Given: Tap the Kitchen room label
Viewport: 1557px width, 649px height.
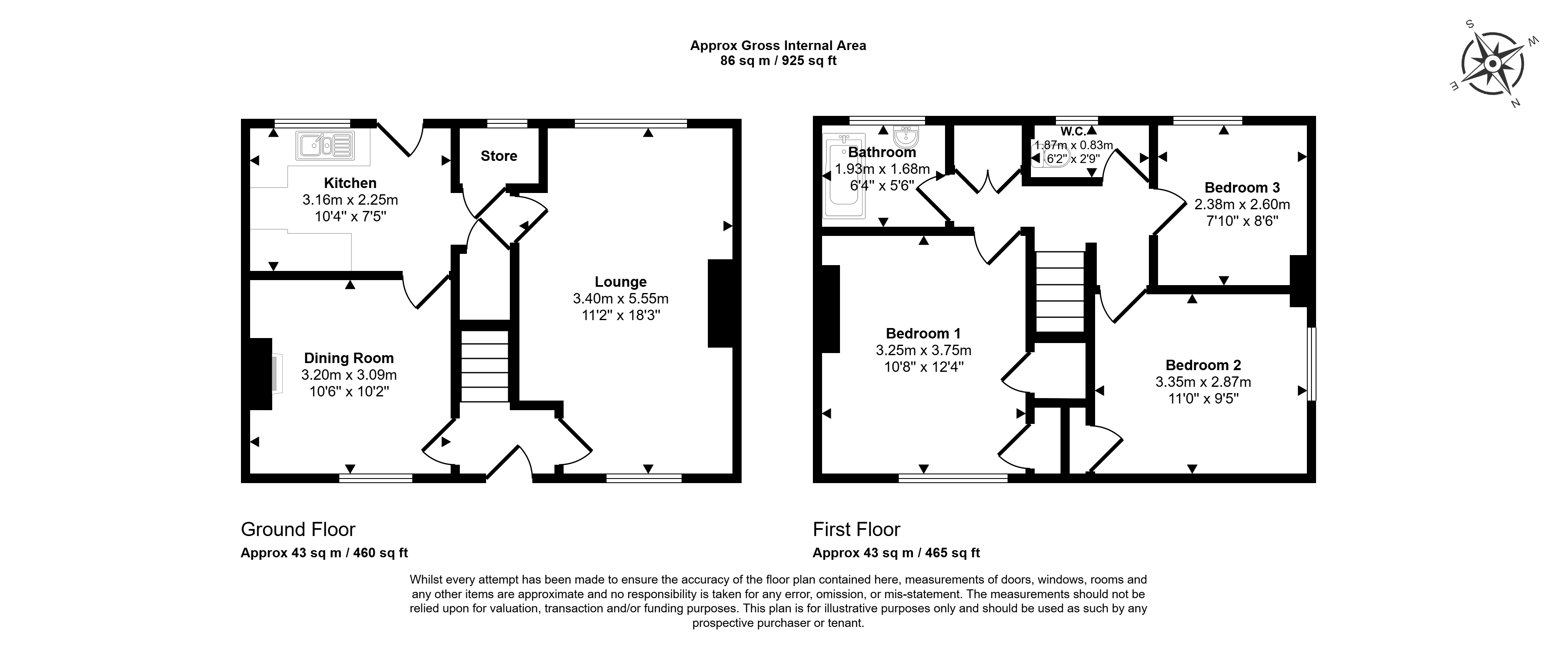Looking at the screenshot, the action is (350, 183).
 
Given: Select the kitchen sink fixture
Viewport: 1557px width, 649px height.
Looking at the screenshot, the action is (325, 145).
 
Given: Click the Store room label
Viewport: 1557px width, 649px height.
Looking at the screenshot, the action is (499, 156).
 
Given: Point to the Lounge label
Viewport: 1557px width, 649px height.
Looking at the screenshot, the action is (621, 282).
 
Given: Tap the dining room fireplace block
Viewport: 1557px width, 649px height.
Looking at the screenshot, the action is (261, 374).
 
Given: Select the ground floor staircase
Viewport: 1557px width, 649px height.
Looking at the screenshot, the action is (485, 366).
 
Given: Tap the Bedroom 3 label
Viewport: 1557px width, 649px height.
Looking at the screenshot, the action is (1242, 187).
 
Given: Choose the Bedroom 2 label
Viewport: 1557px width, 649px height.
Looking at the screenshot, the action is (1203, 365).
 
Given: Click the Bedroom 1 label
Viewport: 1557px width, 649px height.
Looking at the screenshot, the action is (923, 333).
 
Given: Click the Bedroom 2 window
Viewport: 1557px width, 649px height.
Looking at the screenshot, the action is (1311, 364).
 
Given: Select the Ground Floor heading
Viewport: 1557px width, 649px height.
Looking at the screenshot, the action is (298, 529).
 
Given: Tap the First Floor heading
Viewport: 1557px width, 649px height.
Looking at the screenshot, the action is (857, 529).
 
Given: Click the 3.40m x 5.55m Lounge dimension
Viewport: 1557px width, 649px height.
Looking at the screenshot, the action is (621, 298).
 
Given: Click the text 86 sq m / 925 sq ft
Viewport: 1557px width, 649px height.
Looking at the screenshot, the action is (779, 61).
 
